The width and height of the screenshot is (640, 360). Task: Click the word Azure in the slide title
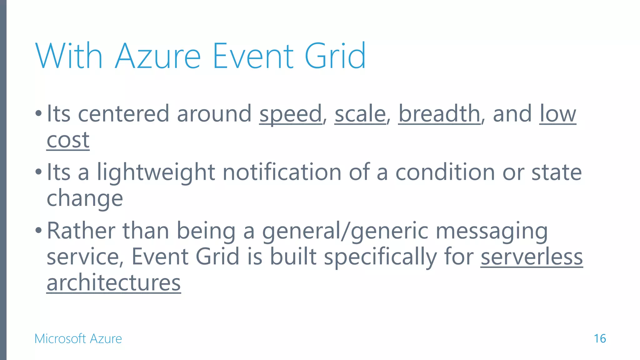pos(158,56)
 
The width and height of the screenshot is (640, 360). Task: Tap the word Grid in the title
pos(335,56)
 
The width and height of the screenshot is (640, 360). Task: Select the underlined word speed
pos(290,114)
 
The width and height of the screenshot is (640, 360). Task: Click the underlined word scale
pos(360,114)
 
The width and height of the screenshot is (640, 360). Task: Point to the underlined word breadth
pos(439,114)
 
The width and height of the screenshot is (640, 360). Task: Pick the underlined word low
pos(557,114)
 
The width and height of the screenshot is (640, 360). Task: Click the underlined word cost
pos(68,140)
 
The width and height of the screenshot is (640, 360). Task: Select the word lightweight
pos(156,172)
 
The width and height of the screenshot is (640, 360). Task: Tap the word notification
pos(282,172)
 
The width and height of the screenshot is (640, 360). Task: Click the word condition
pos(445,172)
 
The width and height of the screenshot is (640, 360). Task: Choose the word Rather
pos(81,231)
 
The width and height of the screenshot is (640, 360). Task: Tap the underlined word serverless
pos(532,257)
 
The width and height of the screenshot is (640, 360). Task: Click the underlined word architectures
pos(113,283)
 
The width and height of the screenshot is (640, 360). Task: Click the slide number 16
pos(600,339)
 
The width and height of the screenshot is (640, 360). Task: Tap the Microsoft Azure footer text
pos(78,339)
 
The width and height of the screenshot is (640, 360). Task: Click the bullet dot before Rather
pos(38,231)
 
